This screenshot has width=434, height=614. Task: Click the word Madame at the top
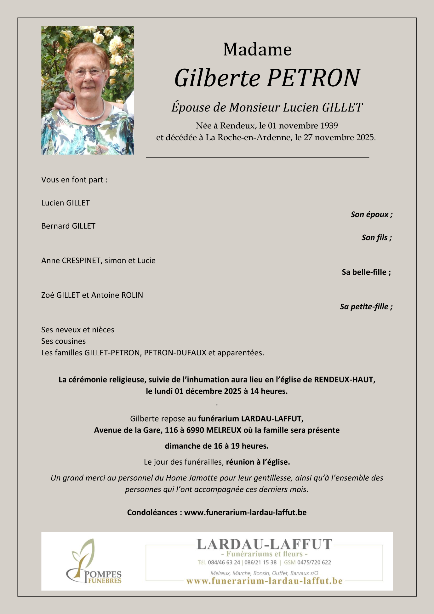[x=257, y=50]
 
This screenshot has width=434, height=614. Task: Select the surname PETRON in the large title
[x=313, y=78]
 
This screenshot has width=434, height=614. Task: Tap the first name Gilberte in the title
[x=217, y=78]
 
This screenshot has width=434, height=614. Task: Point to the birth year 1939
[x=329, y=126]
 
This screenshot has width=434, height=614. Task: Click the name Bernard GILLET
[x=68, y=226]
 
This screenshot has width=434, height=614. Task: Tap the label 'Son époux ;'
[x=371, y=215]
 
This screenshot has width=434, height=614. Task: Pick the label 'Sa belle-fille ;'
[x=366, y=272]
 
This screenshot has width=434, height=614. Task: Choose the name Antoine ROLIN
[x=117, y=295]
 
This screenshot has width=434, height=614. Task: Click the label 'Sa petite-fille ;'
[x=366, y=307]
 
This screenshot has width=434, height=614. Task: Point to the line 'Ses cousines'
[x=63, y=341]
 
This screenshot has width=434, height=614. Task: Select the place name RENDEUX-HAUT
[x=344, y=380]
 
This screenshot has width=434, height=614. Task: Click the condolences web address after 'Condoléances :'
[x=245, y=513]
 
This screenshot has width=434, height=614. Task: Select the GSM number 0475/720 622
[x=314, y=562]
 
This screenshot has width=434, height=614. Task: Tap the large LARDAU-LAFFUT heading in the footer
[x=264, y=544]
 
